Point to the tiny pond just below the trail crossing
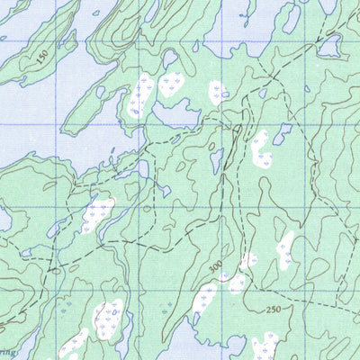pos(263,91)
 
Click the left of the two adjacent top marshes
pos(142,95)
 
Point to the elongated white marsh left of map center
pos(96,216)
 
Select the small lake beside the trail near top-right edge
pos(329,45)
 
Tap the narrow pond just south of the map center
pos(216,160)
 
